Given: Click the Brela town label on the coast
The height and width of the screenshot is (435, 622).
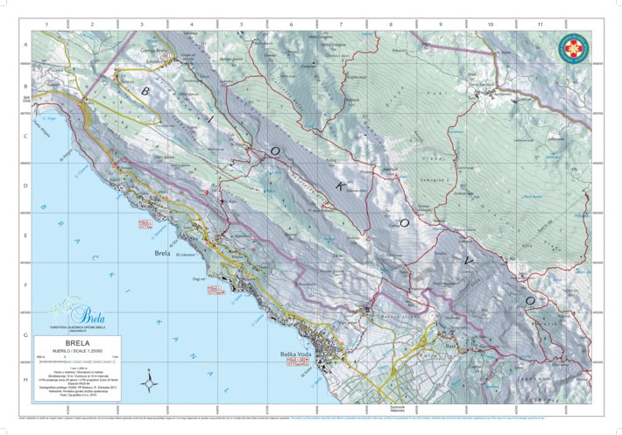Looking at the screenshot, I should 161,253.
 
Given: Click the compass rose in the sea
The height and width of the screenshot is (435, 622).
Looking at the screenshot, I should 150,382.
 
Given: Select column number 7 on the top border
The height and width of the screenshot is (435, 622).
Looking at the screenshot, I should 341,25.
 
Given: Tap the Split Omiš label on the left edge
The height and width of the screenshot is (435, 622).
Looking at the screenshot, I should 26,98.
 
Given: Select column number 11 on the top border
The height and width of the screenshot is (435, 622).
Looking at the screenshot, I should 540,25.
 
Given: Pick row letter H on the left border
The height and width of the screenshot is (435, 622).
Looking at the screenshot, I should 26,380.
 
